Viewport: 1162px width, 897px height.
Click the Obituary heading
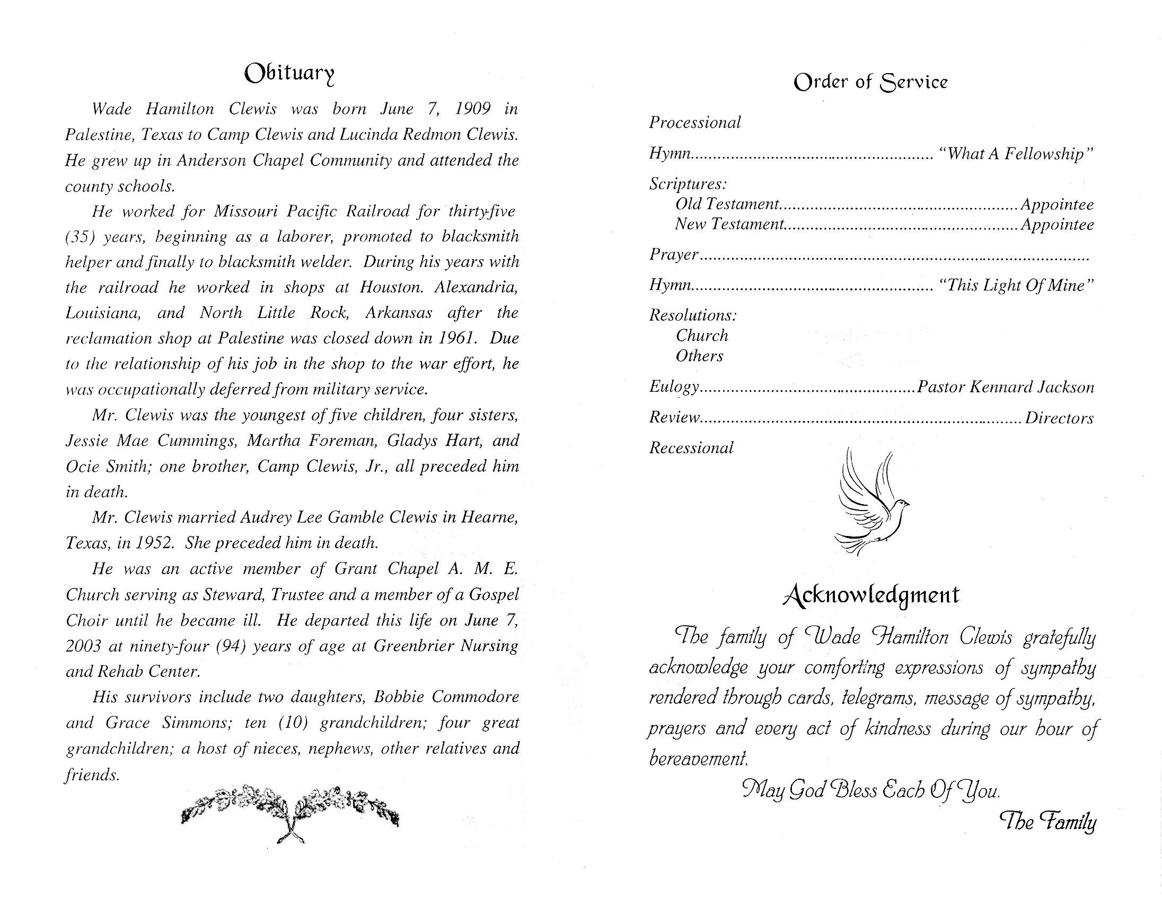pos(289,74)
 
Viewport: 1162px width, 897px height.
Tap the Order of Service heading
pos(870,83)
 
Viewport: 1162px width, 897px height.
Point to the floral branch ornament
pos(290,810)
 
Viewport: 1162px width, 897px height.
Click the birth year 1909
pos(472,109)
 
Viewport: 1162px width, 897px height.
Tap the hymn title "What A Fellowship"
pos(1015,154)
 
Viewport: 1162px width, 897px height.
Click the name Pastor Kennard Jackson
pos(1005,388)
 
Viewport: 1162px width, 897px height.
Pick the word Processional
pos(695,123)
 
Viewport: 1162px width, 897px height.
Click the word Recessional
pos(691,448)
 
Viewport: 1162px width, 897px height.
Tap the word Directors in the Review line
pos(1059,418)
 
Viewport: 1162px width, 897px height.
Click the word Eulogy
pos(674,388)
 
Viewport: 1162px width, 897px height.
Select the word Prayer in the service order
pos(674,255)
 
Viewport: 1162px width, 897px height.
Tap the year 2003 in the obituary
pos(83,646)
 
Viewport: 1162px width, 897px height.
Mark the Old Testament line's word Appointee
pos(1057,205)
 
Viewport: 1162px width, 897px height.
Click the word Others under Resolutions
pos(699,356)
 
